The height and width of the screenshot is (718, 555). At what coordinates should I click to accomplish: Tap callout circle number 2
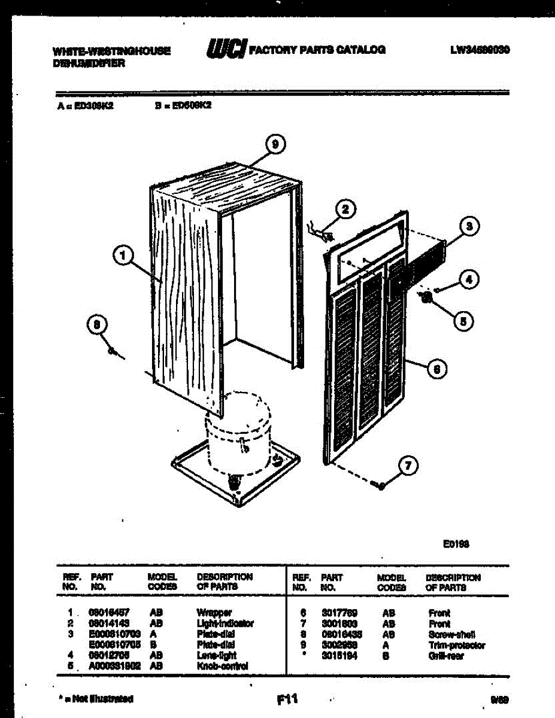point(344,209)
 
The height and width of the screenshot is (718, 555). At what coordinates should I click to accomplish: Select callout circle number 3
point(470,227)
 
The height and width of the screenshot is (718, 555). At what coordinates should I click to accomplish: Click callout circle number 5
point(462,320)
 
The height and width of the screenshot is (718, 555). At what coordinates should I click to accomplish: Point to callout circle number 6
point(437,370)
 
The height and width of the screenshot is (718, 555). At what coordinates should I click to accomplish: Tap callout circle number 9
point(274,144)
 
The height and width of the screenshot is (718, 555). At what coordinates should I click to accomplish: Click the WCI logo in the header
point(226,49)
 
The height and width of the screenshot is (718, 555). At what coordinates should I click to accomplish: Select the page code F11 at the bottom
point(287,698)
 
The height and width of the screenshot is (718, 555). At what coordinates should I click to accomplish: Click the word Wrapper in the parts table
point(214,613)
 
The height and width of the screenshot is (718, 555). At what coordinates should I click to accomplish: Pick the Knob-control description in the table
point(222,666)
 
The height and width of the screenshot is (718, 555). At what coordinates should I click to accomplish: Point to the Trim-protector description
point(457,646)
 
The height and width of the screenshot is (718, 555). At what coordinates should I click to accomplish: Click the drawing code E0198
point(456,543)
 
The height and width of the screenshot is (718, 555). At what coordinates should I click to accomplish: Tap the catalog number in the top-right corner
point(480,50)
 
